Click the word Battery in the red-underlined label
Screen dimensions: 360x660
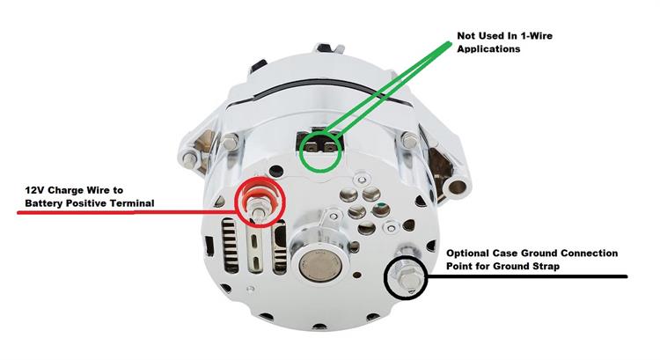(47, 203)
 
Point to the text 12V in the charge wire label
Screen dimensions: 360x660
(33, 189)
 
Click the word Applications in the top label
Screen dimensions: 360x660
(488, 50)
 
